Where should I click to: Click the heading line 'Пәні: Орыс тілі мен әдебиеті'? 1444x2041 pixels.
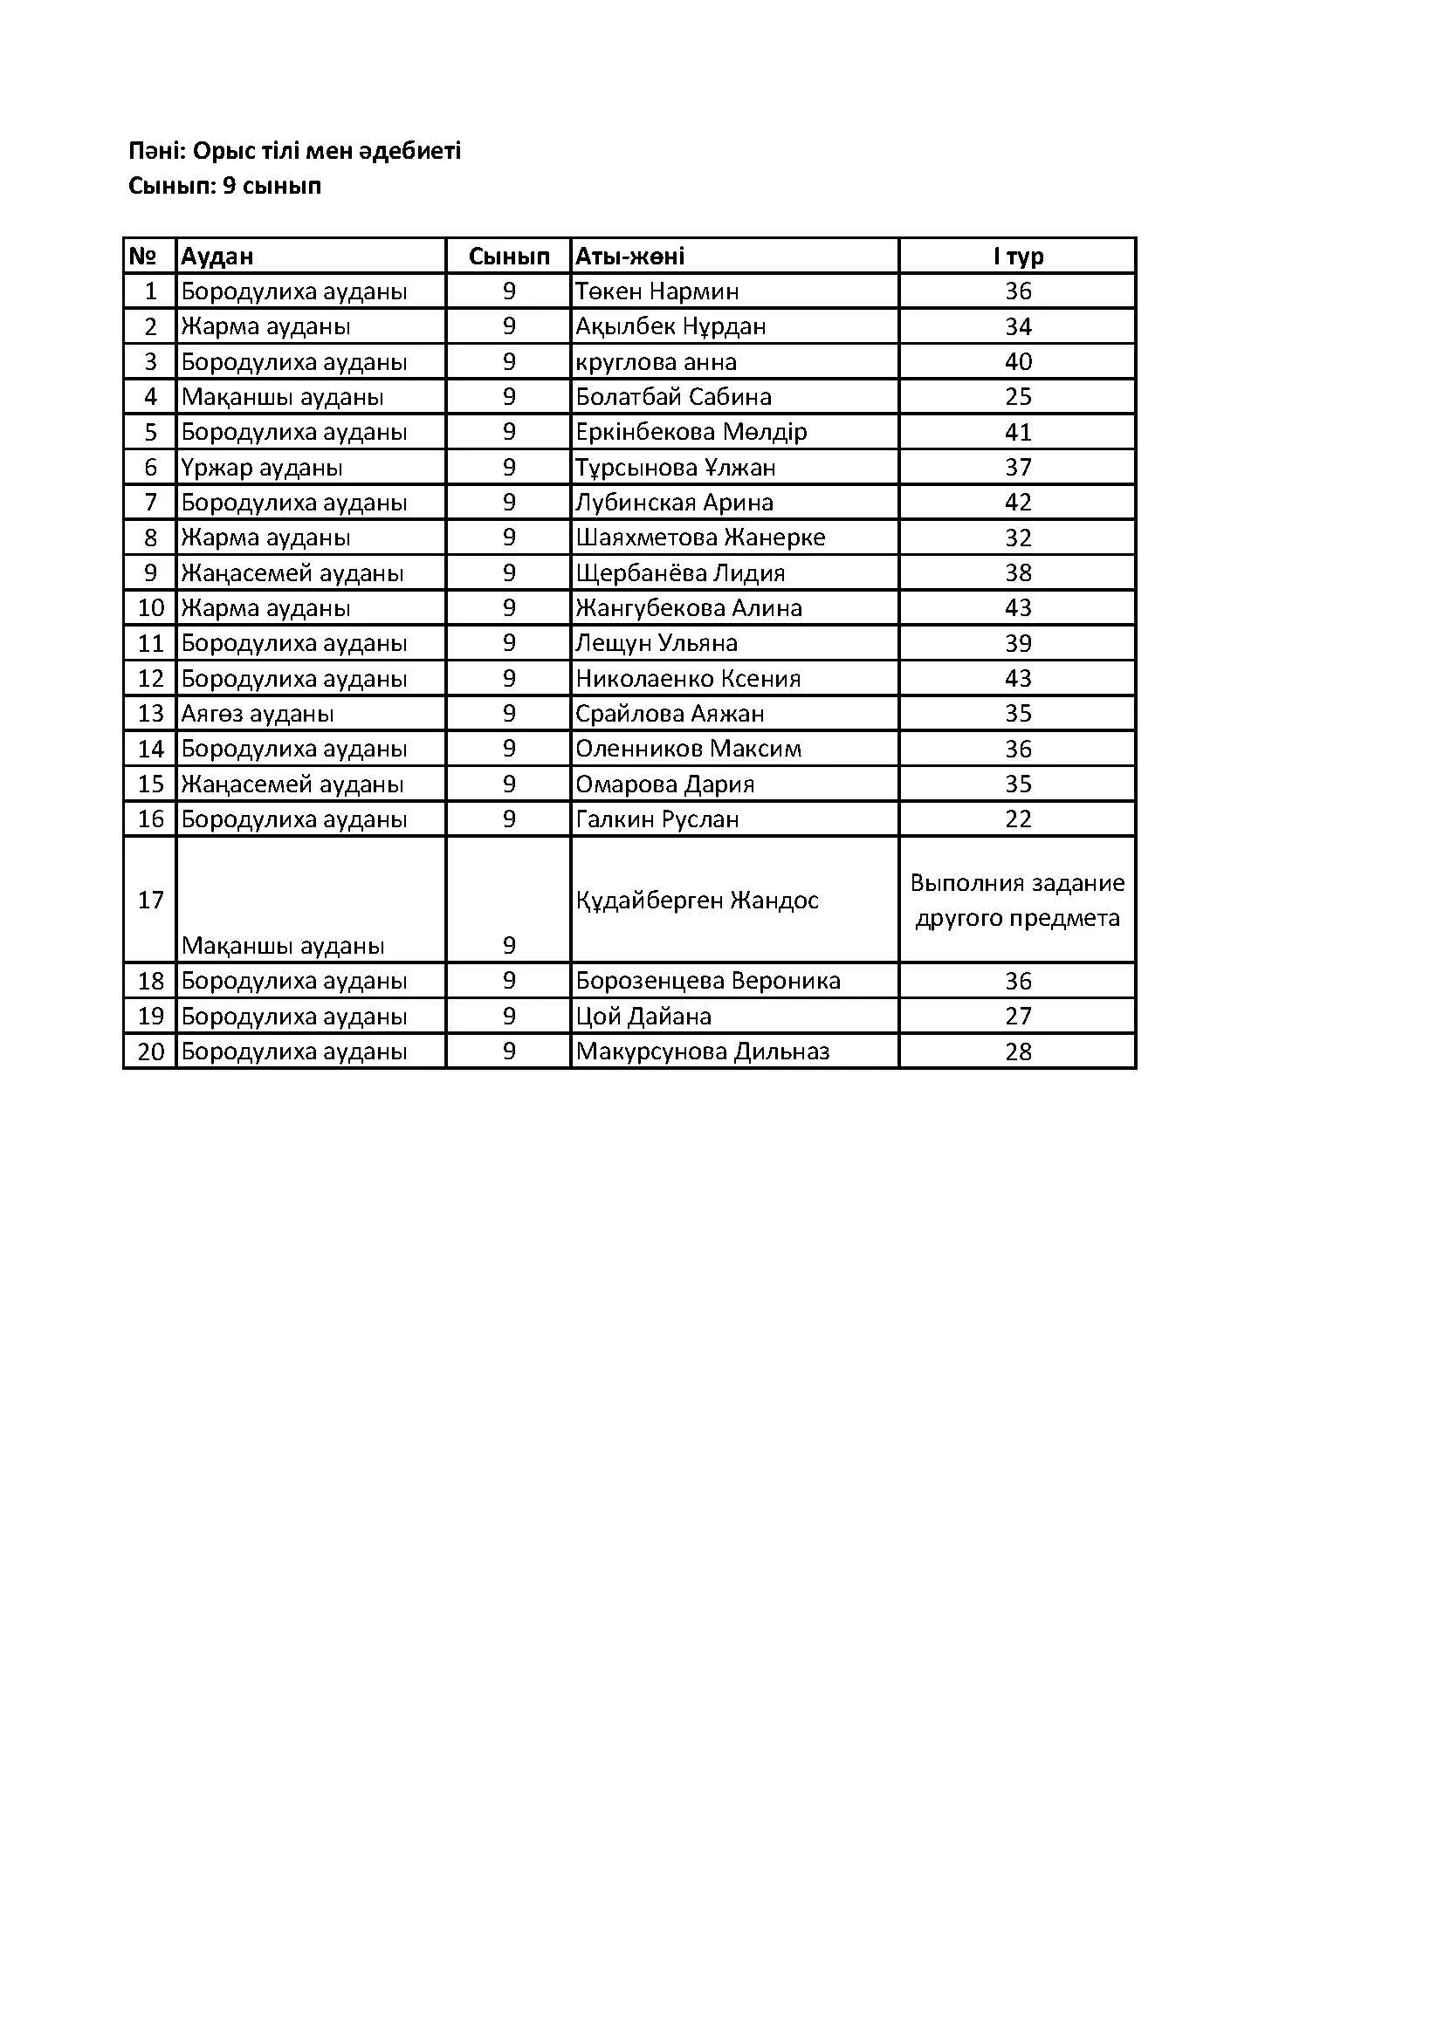(x=294, y=151)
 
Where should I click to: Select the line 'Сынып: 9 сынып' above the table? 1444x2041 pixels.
(x=225, y=186)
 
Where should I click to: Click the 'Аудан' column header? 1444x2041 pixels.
(x=218, y=256)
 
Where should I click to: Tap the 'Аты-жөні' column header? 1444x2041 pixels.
(x=630, y=256)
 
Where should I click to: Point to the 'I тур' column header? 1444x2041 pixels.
(x=1018, y=256)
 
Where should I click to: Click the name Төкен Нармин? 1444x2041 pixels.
(x=657, y=291)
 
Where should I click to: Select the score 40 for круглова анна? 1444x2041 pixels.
(x=1018, y=362)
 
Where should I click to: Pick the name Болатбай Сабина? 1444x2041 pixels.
(x=673, y=396)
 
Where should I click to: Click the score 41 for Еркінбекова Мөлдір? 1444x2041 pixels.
(x=1018, y=432)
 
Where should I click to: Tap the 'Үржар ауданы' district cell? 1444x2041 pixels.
(x=262, y=467)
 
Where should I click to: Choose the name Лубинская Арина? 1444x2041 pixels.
(x=674, y=503)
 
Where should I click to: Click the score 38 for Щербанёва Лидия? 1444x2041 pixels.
(x=1018, y=572)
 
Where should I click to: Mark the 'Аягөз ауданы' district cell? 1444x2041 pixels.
(x=258, y=713)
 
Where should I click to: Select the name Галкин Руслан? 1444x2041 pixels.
(x=657, y=818)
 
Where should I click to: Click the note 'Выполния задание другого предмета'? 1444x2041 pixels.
(x=1017, y=900)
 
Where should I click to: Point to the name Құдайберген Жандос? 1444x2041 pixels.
(x=696, y=900)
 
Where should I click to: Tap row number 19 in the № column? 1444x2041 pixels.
(x=150, y=1016)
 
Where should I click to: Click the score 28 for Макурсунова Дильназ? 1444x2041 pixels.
(x=1018, y=1051)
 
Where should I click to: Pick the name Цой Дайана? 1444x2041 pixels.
(x=643, y=1016)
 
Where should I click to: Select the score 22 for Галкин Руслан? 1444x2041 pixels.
(x=1018, y=818)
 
